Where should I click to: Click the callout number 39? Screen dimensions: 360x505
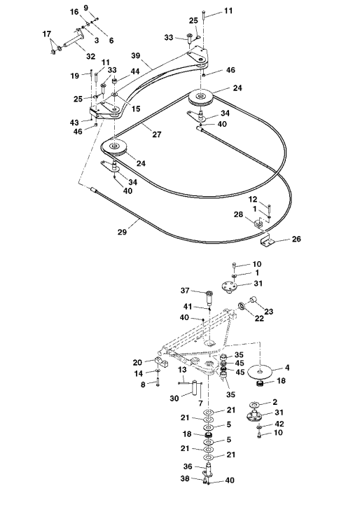click(x=136, y=56)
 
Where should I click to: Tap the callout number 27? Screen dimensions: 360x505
click(x=157, y=134)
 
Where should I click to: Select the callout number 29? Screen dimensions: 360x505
click(x=122, y=232)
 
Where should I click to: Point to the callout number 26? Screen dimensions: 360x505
click(x=296, y=239)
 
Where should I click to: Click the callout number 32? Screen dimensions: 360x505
click(x=91, y=56)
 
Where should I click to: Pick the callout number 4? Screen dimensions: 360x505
click(x=287, y=368)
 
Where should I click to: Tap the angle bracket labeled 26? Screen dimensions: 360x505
click(x=267, y=242)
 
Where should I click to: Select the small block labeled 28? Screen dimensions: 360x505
click(x=258, y=223)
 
